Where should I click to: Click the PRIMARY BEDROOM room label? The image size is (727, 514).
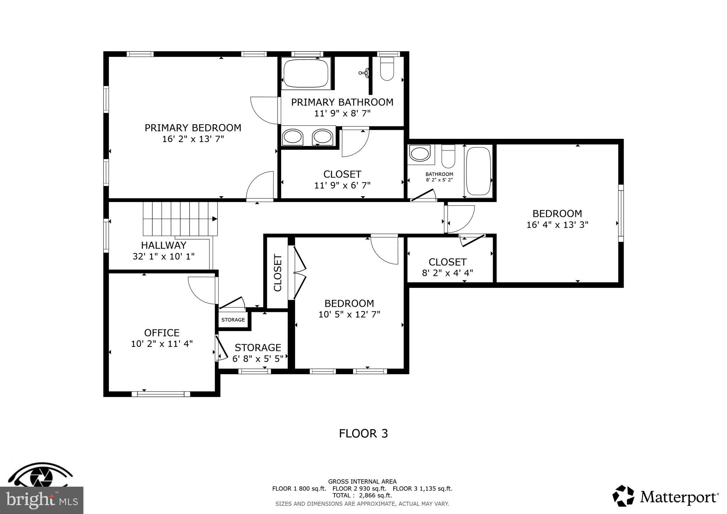pos(193,128)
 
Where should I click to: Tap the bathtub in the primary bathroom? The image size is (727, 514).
pos(306,73)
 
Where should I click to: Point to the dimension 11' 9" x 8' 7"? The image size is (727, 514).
pos(342,114)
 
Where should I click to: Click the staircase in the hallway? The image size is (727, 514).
pos(180,219)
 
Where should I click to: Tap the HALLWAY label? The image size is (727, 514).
pos(164,245)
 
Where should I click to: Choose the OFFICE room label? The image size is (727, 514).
pos(162,333)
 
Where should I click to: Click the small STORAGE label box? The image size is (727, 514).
pos(233,320)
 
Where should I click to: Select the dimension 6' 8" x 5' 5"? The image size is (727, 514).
pos(258,359)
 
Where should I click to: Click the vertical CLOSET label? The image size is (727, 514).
pos(278,273)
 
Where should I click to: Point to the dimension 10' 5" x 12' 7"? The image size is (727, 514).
pos(349,315)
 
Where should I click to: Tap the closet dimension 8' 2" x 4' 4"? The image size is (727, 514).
pos(447,273)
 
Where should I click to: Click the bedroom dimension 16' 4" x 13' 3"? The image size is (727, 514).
pos(557,225)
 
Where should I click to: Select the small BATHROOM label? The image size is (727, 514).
pos(439,174)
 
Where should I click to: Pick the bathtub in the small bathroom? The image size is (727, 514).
pos(479,171)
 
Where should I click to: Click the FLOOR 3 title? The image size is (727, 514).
pos(363,433)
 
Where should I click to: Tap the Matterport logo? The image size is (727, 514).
pos(666,497)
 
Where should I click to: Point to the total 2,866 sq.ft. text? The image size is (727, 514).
pos(362,495)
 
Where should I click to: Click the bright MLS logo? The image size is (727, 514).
pos(42,500)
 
